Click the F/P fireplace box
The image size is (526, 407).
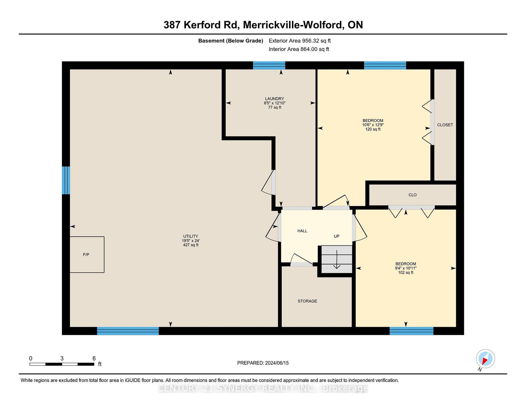(87, 254)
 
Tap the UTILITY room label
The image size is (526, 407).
(191, 236)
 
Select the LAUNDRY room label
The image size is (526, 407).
(275, 99)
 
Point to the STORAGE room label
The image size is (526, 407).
(307, 301)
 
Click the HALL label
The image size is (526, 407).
(302, 231)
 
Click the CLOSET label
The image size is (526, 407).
(445, 125)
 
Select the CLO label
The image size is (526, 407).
(413, 195)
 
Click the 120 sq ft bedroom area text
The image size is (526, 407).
(373, 129)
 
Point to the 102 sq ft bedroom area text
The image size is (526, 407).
(406, 273)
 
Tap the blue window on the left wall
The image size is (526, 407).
(66, 180)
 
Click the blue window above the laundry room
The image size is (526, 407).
(269, 65)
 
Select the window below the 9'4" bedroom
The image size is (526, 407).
(411, 331)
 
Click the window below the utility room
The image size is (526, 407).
(128, 331)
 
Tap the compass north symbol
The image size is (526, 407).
(485, 359)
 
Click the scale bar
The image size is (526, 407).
(62, 364)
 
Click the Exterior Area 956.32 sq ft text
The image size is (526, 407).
(300, 41)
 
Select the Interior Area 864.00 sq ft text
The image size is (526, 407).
(299, 49)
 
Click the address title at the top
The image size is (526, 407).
(263, 25)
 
